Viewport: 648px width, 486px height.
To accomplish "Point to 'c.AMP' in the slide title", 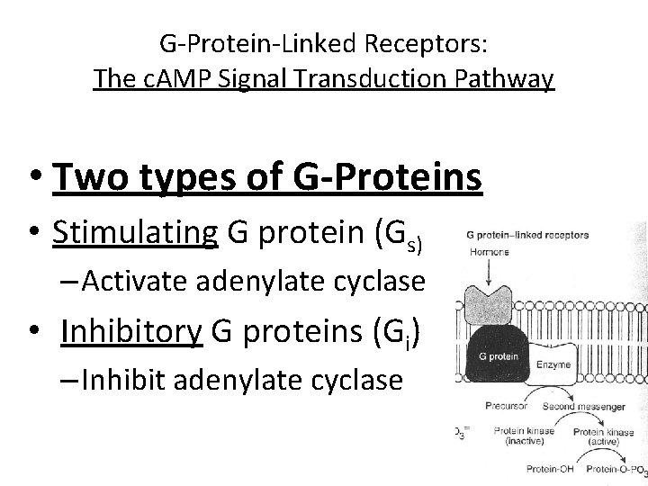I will coord(167,79).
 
